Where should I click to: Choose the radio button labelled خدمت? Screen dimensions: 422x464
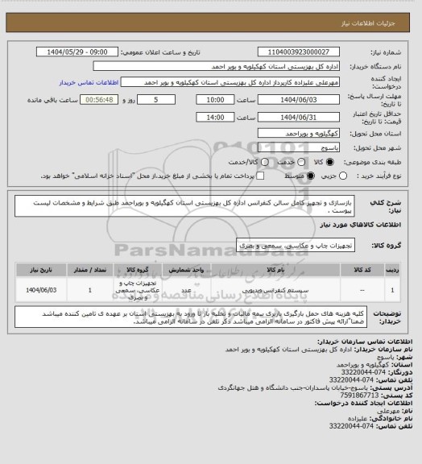[x=292, y=162]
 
